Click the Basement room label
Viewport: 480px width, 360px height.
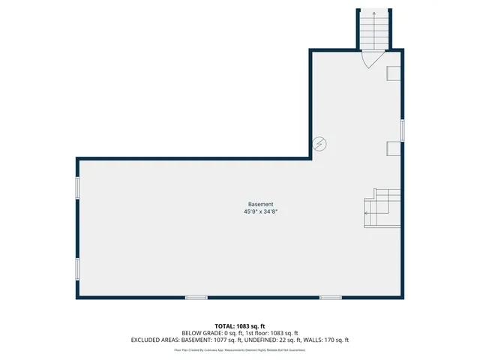[261, 205]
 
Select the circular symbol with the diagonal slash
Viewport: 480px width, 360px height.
[319, 142]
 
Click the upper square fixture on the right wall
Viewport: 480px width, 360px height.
[393, 73]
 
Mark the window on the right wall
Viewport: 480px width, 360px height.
[403, 130]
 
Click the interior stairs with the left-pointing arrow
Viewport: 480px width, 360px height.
[382, 208]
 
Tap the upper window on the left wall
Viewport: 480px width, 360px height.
[77, 187]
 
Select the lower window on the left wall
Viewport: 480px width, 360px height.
[77, 268]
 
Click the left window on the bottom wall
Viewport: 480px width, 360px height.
[196, 298]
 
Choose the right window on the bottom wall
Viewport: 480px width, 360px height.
[331, 298]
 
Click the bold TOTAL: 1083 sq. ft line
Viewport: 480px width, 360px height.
[240, 326]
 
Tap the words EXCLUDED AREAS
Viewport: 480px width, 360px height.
[157, 340]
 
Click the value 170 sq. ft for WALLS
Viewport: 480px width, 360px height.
[335, 340]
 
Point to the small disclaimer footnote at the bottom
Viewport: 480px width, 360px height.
[240, 349]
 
